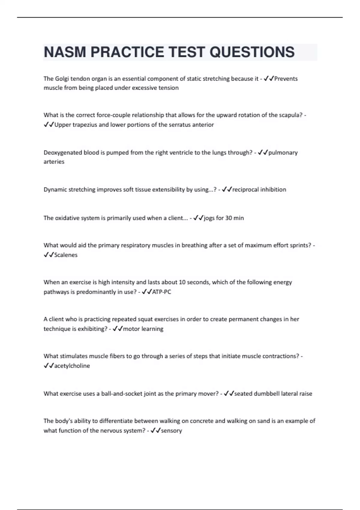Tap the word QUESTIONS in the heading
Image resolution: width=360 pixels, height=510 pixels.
[x=252, y=52]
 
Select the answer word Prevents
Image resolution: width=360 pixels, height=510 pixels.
[x=286, y=79]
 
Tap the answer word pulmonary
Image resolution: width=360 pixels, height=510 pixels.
[x=283, y=152]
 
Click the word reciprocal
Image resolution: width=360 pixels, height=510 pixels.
[x=245, y=189]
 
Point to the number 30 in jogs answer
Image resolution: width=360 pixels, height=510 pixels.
[x=228, y=218]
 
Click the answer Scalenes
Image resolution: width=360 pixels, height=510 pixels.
[x=66, y=255]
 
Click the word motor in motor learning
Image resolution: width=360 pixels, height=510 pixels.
[x=131, y=328]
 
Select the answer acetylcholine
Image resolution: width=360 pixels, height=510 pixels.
[x=72, y=366]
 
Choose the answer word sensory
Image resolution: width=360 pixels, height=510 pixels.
[x=172, y=430]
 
